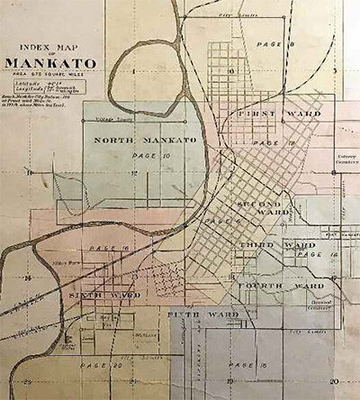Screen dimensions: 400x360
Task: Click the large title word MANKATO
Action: [x=52, y=63]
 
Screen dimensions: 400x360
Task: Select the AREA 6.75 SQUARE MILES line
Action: [x=52, y=76]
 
